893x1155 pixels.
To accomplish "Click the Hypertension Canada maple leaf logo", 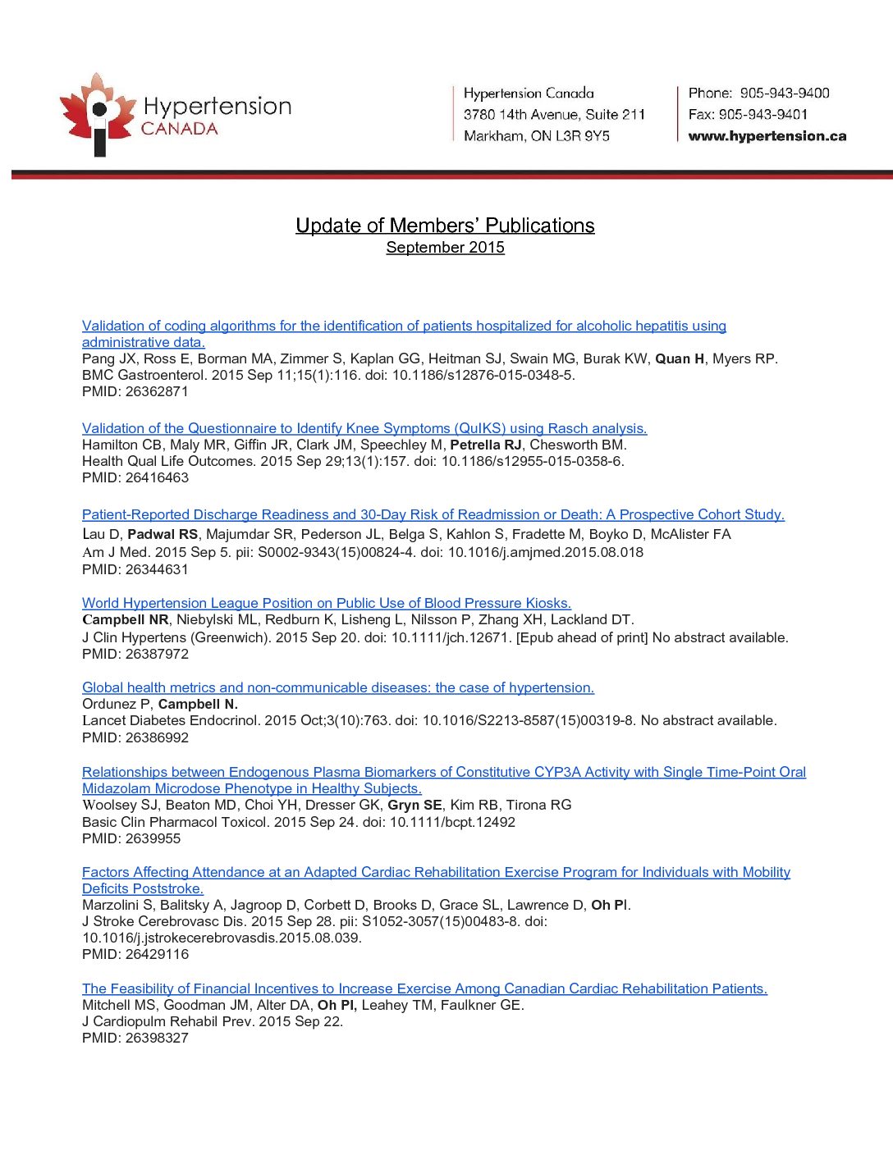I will tap(97, 113).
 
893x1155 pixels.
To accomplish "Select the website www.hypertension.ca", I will tap(767, 136).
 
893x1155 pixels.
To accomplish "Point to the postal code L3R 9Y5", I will tap(583, 136).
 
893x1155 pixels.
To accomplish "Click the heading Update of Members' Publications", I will tap(445, 226).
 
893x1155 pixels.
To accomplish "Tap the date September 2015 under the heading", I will tap(445, 248).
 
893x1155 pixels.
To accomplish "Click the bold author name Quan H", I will tap(680, 358).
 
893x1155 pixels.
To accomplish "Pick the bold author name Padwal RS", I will tap(163, 534).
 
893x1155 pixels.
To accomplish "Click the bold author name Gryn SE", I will tap(414, 805).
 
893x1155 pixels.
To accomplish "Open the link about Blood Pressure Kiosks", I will tap(327, 603).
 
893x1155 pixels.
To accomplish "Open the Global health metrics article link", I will tap(338, 687).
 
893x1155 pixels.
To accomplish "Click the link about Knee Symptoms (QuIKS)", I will tap(364, 428).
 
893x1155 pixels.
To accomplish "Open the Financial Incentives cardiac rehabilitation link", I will tap(424, 988).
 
